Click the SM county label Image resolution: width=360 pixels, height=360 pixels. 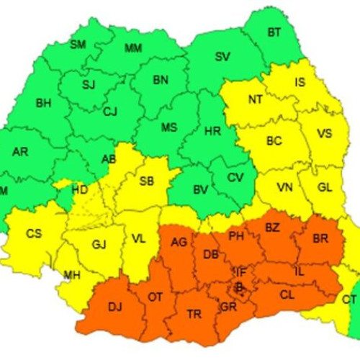coord(78,45)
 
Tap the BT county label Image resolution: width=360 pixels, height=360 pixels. coord(274,32)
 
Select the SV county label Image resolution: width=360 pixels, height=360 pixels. coord(223,57)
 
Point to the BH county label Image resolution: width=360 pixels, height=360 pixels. coord(42,104)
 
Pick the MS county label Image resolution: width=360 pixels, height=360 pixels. coord(168,127)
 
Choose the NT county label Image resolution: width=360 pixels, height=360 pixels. coord(255,100)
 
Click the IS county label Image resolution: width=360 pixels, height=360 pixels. coord(300,82)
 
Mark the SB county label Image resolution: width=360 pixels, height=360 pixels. coord(146,181)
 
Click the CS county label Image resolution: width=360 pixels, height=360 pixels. coord(34,233)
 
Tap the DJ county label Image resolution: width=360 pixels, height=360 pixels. coord(114,307)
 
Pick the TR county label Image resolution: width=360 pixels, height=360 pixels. coord(194,314)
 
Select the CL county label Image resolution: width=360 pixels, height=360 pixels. coord(287,294)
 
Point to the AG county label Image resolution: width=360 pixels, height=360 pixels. coord(179,243)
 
